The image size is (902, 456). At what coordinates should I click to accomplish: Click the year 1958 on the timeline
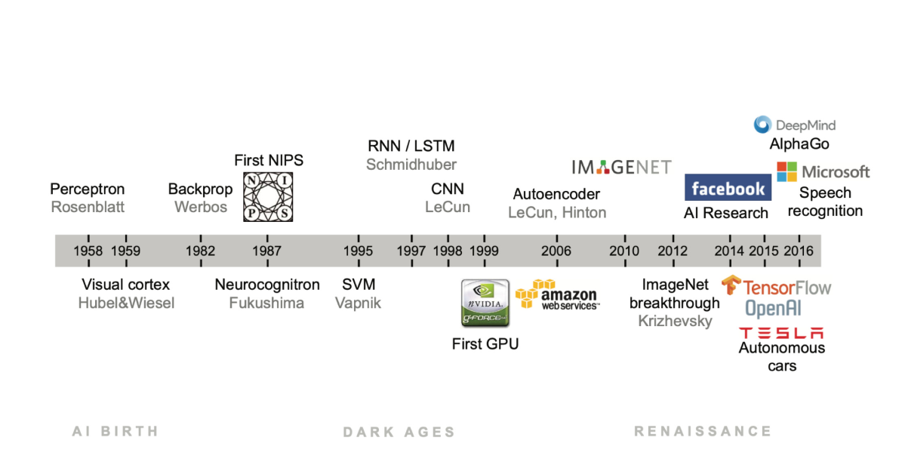(88, 251)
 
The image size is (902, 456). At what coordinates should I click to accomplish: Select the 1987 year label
(267, 251)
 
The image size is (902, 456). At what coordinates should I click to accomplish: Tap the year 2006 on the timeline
(556, 251)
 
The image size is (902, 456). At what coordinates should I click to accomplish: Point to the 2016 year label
(799, 251)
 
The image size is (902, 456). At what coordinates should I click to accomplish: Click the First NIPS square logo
(267, 196)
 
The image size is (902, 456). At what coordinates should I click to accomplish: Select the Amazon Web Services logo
(557, 295)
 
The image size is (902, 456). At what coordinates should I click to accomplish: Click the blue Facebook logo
(727, 188)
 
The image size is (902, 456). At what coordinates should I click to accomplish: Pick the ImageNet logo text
(621, 167)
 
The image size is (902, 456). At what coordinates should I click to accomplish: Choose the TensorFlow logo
(776, 287)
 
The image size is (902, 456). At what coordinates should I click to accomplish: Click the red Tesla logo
(780, 333)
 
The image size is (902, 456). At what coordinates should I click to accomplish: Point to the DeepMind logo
(795, 125)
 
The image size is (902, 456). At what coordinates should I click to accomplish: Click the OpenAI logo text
(773, 309)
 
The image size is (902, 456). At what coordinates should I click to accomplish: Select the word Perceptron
(87, 189)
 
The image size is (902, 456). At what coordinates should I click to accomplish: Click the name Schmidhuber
(411, 164)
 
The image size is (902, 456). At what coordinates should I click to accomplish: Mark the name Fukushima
(266, 303)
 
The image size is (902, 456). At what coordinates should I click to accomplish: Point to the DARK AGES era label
(399, 432)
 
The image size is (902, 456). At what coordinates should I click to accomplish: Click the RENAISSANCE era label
(702, 431)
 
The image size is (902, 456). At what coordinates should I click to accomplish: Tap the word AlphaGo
(799, 143)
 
